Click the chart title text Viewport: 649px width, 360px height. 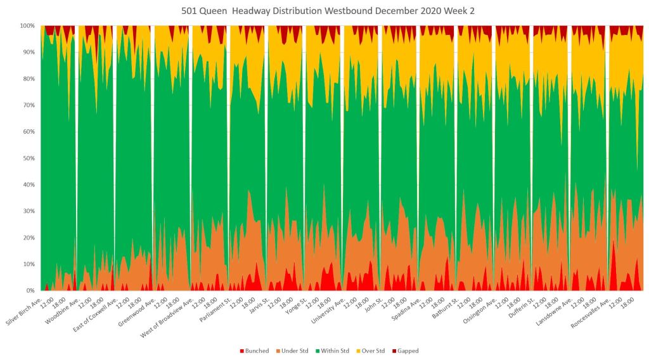[x=324, y=10]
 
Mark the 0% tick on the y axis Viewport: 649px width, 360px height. [x=29, y=291]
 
